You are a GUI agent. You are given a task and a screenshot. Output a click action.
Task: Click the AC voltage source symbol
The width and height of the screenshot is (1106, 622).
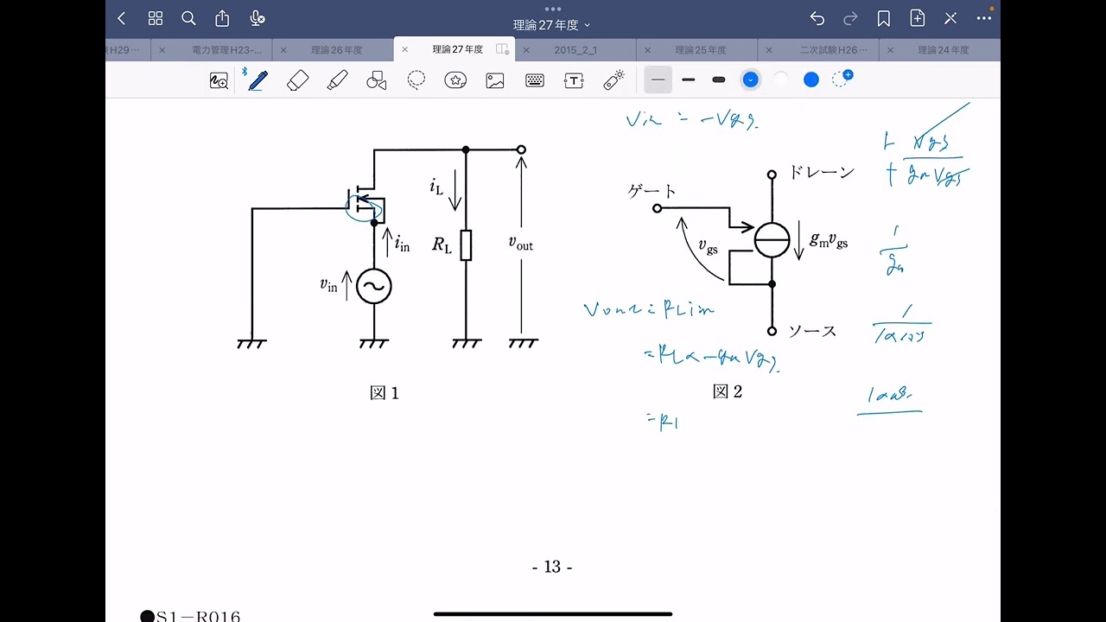pyautogui.click(x=374, y=286)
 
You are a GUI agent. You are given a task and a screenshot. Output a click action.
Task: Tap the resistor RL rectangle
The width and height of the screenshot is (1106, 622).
pyautogui.click(x=466, y=245)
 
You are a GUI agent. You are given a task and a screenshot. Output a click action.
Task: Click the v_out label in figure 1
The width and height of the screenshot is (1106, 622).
pyautogui.click(x=520, y=244)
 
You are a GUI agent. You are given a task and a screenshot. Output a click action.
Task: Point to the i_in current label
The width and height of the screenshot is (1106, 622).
pyautogui.click(x=402, y=244)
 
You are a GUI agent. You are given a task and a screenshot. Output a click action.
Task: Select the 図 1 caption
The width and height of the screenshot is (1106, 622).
pyautogui.click(x=385, y=393)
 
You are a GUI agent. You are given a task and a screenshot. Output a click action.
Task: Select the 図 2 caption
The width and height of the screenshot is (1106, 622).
pyautogui.click(x=728, y=391)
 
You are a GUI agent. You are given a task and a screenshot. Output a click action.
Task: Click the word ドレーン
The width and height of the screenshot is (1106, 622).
pyautogui.click(x=821, y=172)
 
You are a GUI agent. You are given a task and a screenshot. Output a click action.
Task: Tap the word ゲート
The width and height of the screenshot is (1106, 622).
pyautogui.click(x=652, y=191)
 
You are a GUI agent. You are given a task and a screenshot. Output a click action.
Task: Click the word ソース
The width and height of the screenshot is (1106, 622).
pyautogui.click(x=812, y=331)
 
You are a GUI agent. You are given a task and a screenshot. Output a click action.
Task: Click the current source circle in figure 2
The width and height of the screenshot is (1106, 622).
pyautogui.click(x=772, y=239)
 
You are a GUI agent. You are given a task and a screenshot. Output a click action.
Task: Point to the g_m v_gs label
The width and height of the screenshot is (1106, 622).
pyautogui.click(x=829, y=241)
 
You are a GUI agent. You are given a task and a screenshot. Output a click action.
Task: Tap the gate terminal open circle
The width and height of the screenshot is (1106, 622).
pyautogui.click(x=657, y=208)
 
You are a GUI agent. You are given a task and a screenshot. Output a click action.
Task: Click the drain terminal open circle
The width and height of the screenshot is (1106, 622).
pyautogui.click(x=772, y=174)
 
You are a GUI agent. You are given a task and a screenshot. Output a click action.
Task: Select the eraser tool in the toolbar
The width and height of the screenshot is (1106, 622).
pyautogui.click(x=297, y=80)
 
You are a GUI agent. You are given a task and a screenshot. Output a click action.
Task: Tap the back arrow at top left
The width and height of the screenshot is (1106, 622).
pyautogui.click(x=122, y=18)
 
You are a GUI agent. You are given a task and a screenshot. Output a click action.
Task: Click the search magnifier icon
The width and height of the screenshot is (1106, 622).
pyautogui.click(x=188, y=18)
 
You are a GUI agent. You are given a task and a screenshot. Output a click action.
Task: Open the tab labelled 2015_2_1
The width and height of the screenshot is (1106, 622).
pyautogui.click(x=575, y=50)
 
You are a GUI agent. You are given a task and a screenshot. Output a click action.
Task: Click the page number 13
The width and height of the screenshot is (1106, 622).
pyautogui.click(x=552, y=567)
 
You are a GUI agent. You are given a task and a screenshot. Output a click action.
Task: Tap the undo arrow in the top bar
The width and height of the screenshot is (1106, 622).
pyautogui.click(x=817, y=18)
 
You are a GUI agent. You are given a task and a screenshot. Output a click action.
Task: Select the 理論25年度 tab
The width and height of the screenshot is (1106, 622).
pyautogui.click(x=701, y=50)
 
